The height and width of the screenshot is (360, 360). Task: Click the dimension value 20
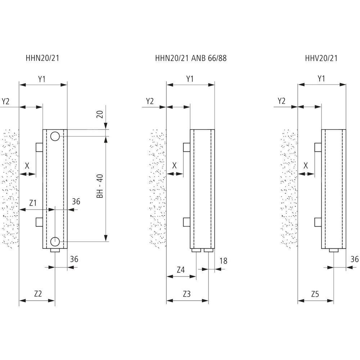(100, 114)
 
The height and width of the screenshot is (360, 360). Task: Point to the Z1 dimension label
(33, 203)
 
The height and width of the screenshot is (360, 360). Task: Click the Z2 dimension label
(38, 294)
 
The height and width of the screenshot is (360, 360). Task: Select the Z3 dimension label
(186, 294)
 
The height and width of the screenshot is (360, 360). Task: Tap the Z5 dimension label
(315, 294)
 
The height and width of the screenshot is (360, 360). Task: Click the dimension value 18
(223, 261)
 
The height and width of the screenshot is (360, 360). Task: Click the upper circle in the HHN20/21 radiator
(55, 136)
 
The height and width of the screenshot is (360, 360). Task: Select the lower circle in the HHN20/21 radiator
(55, 241)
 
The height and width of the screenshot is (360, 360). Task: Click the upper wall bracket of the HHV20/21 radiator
(318, 147)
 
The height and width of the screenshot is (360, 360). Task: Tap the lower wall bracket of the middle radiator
(186, 222)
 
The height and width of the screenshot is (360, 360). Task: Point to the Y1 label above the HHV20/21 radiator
(321, 78)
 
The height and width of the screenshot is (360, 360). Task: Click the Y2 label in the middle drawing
(150, 101)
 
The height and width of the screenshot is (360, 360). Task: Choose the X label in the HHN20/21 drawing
(27, 166)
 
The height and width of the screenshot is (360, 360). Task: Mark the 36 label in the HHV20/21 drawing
(355, 259)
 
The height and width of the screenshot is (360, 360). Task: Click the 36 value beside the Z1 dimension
(76, 202)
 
